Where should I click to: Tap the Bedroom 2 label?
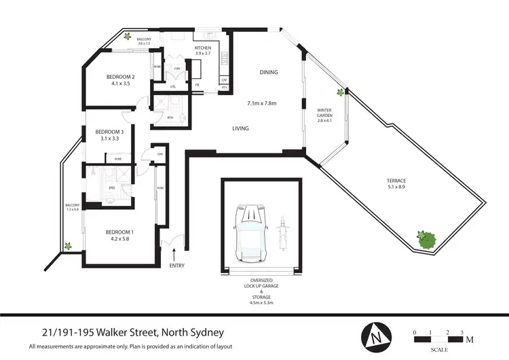(121, 77)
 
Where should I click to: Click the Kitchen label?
(203, 48)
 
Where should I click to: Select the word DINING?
(269, 73)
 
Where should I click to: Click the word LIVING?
(240, 128)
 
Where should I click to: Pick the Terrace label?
(397, 180)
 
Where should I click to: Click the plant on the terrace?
(426, 239)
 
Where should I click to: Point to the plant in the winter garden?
(339, 92)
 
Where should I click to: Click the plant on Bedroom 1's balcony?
(67, 246)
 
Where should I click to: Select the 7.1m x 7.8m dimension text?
(263, 103)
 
